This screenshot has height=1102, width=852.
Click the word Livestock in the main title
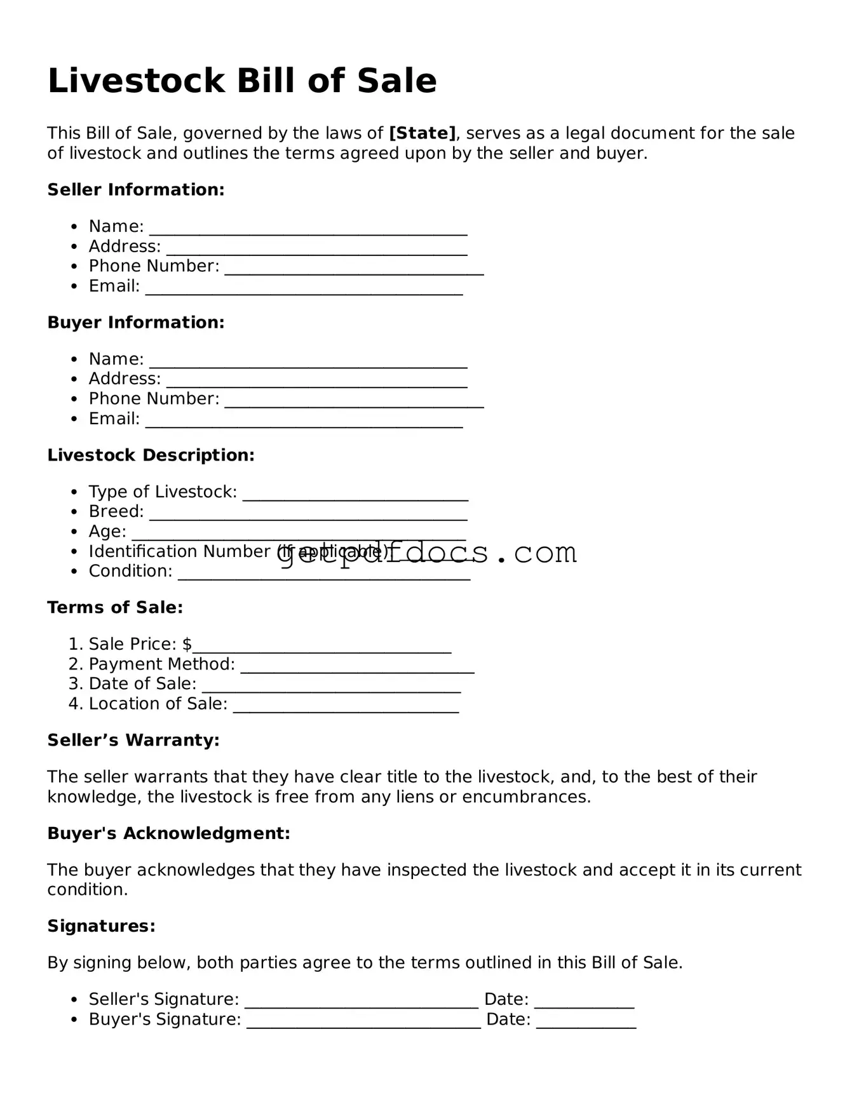tap(136, 81)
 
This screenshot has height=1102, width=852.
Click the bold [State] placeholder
tap(422, 133)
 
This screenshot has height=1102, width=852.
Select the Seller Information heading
tap(136, 190)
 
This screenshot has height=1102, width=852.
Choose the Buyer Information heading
tap(136, 323)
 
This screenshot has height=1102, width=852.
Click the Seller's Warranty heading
tap(133, 741)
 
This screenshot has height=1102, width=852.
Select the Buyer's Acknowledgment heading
tap(168, 833)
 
